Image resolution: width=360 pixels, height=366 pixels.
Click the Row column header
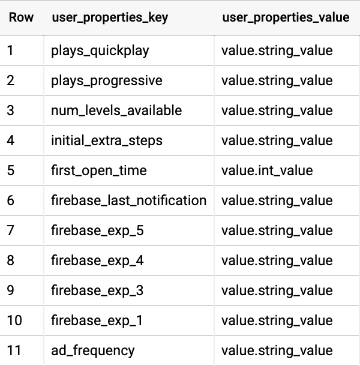(x=21, y=17)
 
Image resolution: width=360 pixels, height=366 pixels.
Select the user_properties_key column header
(x=110, y=18)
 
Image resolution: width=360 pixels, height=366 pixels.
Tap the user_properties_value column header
(x=286, y=18)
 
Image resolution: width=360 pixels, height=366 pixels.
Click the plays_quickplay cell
(x=100, y=51)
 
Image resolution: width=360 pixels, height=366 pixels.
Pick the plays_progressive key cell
(x=107, y=81)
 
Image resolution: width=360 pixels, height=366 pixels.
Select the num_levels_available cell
(x=116, y=110)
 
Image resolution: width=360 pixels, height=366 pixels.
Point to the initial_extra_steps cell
(x=107, y=141)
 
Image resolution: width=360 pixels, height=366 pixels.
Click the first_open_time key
(x=99, y=170)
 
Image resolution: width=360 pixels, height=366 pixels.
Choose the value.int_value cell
(x=267, y=170)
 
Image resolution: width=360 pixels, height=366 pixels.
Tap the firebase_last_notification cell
(x=128, y=200)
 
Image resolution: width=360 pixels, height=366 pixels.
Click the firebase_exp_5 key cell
(x=97, y=230)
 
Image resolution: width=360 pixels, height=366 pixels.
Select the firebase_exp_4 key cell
(x=97, y=260)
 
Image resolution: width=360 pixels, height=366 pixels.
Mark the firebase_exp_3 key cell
(x=97, y=290)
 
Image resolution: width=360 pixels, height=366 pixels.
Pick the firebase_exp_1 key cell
(x=97, y=320)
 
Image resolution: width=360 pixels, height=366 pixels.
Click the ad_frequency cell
(x=93, y=350)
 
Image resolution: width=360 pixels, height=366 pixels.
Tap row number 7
(x=11, y=230)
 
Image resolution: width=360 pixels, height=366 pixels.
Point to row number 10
(x=14, y=320)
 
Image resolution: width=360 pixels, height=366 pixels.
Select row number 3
(x=11, y=110)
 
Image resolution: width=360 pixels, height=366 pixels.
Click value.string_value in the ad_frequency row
(x=277, y=350)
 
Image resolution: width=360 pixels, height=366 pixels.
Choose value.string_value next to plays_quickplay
(x=277, y=51)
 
